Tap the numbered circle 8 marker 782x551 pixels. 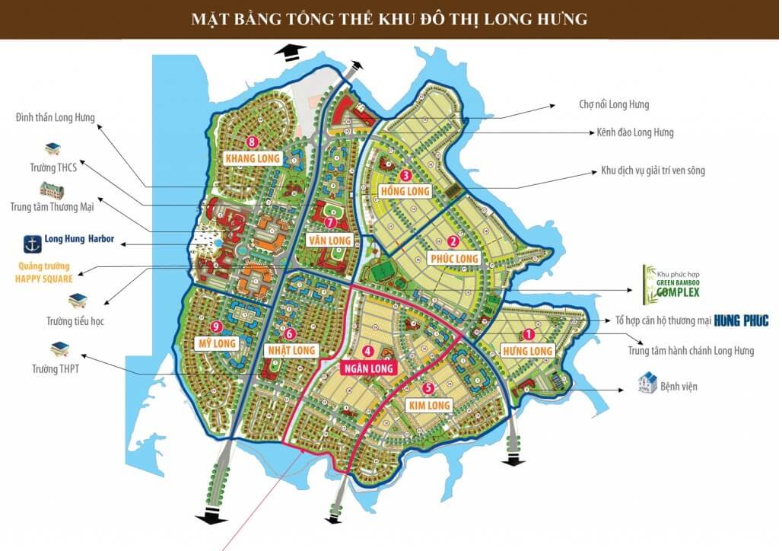pyautogui.click(x=252, y=142)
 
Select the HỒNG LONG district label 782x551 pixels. pyautogui.click(x=407, y=190)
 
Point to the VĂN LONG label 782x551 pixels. pyautogui.click(x=329, y=240)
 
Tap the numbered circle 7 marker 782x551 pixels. pyautogui.click(x=330, y=223)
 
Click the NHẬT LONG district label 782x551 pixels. pyautogui.click(x=291, y=350)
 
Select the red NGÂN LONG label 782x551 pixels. pyautogui.click(x=371, y=368)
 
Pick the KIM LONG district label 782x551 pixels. pyautogui.click(x=430, y=405)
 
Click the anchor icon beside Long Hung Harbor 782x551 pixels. pyautogui.click(x=32, y=244)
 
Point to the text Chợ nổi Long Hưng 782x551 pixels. pyautogui.click(x=614, y=104)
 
